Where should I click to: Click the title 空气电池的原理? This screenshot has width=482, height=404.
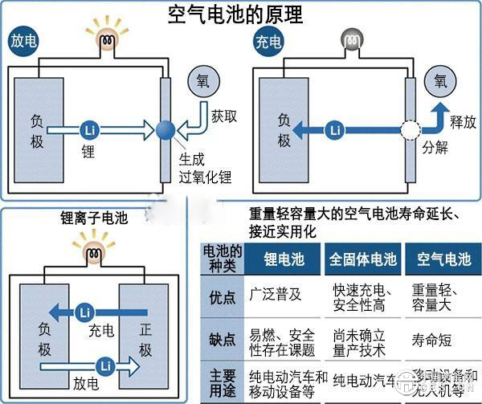pos(241,14)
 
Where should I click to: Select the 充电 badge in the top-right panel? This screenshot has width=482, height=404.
pos(268,39)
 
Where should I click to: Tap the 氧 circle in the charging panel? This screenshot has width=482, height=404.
pos(441,83)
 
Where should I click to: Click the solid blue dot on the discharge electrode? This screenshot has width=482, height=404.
pos(167,128)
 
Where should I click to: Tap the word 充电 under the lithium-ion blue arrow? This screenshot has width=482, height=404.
pos(102,329)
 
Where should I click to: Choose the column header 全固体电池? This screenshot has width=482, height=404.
pos(361,259)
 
